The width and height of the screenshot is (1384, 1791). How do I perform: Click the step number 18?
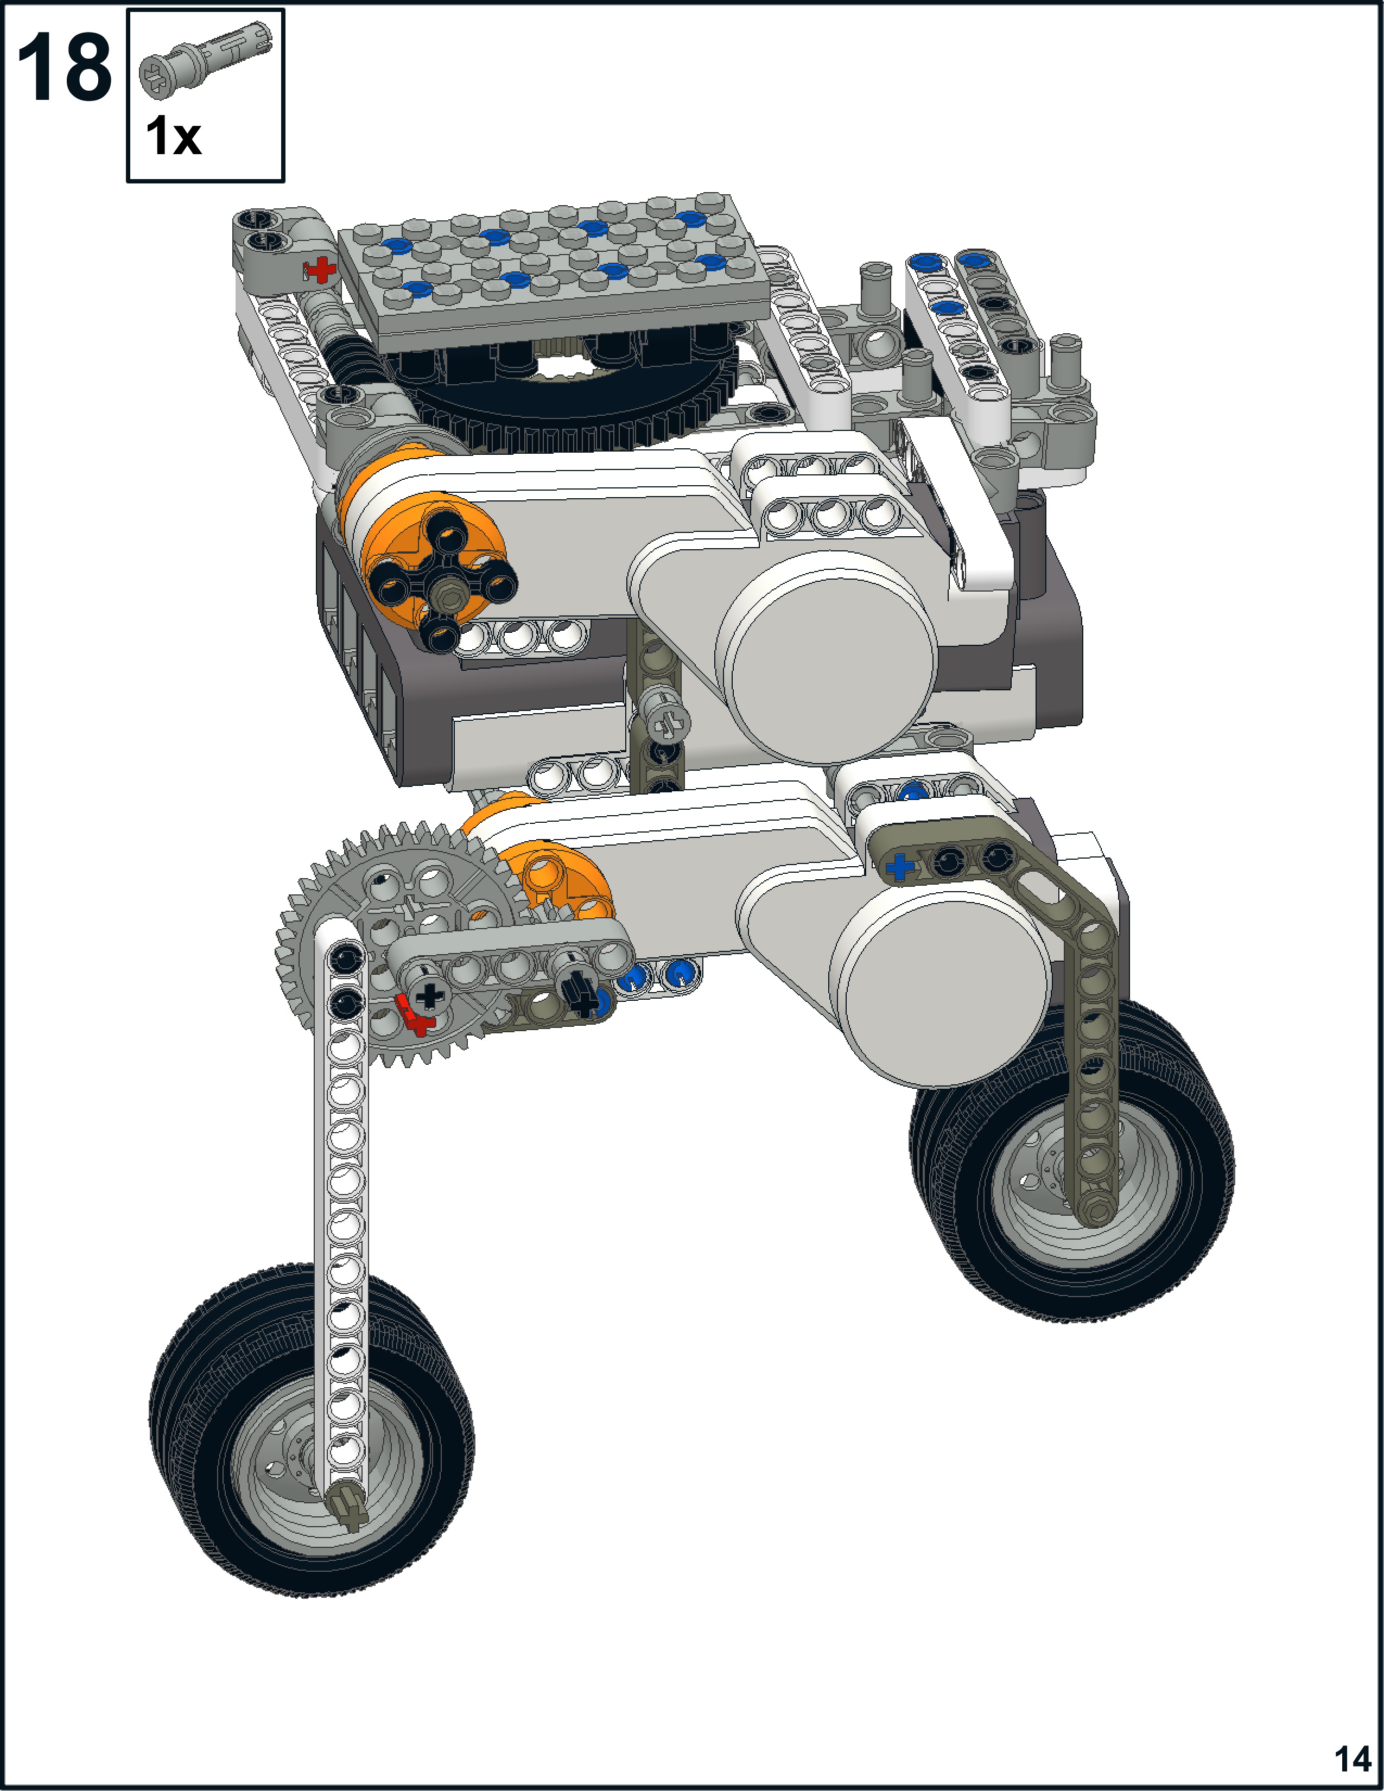point(64,68)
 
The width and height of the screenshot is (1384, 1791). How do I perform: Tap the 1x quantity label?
point(173,136)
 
